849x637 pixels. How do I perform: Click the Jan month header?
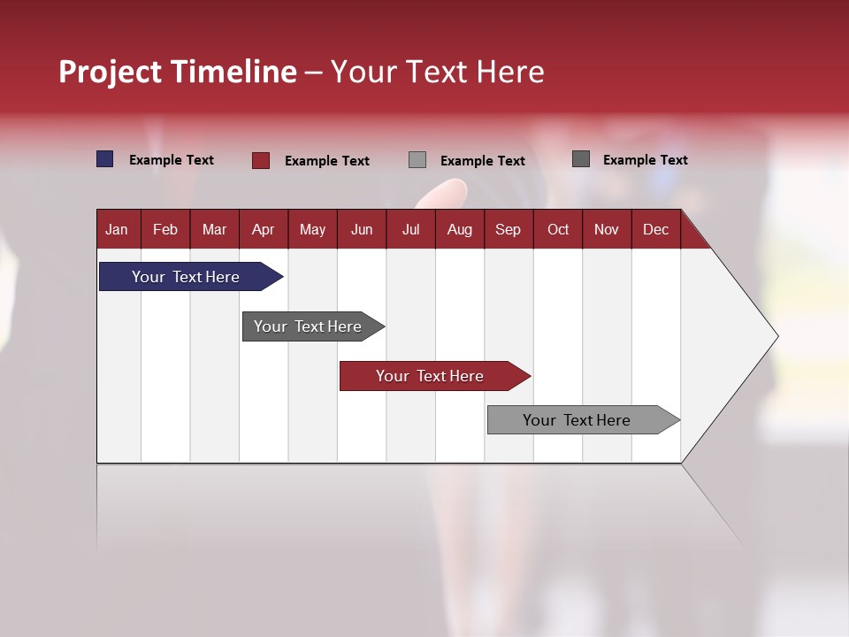pyautogui.click(x=117, y=230)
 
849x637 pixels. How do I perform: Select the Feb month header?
pyautogui.click(x=165, y=230)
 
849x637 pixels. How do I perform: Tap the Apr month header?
pyautogui.click(x=263, y=230)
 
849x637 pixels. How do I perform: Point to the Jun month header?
pyautogui.click(x=362, y=230)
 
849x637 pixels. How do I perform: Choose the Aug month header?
pyautogui.click(x=459, y=230)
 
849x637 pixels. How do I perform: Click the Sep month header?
pyautogui.click(x=508, y=230)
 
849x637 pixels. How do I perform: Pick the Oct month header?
pyautogui.click(x=558, y=230)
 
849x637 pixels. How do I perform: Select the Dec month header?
pyautogui.click(x=655, y=230)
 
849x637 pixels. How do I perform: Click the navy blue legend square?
pyautogui.click(x=105, y=159)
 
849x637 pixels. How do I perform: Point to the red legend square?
pyautogui.click(x=261, y=160)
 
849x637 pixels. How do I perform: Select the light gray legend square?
pyautogui.click(x=417, y=160)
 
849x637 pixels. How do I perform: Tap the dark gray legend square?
pyautogui.click(x=581, y=159)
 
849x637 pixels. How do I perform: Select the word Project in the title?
pyautogui.click(x=110, y=72)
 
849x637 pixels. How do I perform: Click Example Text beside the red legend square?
pyautogui.click(x=326, y=161)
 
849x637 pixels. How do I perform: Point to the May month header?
pyautogui.click(x=312, y=230)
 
